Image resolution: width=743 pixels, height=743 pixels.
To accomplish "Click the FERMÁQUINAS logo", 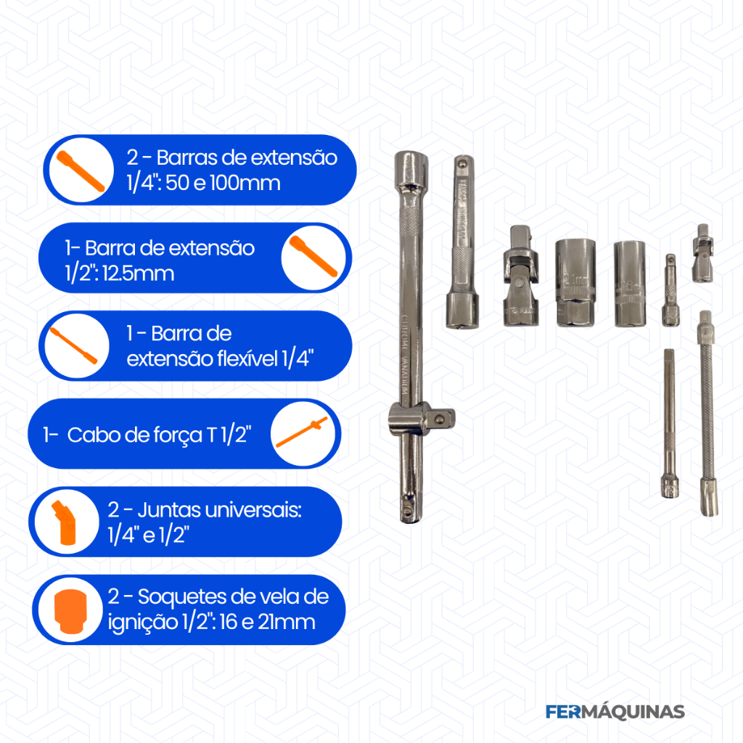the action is click(615, 712).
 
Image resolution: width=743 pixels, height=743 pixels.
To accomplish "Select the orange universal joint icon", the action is click(65, 522).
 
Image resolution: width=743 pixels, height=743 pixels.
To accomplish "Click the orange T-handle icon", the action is click(302, 432).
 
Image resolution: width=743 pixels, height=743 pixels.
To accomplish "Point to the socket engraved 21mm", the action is click(575, 283).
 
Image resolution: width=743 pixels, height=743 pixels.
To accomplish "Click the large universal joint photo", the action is click(520, 276).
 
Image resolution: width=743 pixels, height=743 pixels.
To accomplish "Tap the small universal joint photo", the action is click(702, 253).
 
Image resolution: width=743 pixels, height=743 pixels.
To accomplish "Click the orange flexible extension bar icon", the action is click(73, 345).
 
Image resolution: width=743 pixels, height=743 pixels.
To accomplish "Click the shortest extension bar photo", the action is click(670, 290).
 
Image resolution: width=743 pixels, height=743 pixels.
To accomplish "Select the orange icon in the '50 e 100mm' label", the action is click(81, 171).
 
